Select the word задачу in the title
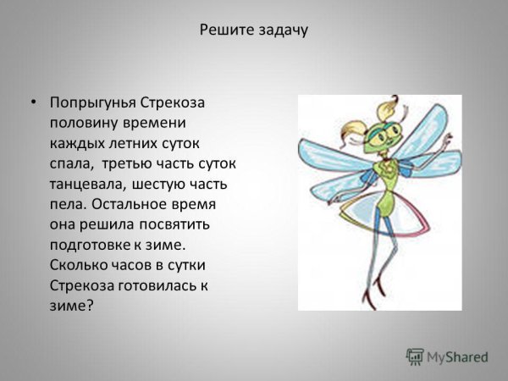pyautogui.click(x=279, y=30)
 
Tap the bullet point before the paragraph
pyautogui.click(x=33, y=102)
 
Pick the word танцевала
pyautogui.click(x=87, y=184)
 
